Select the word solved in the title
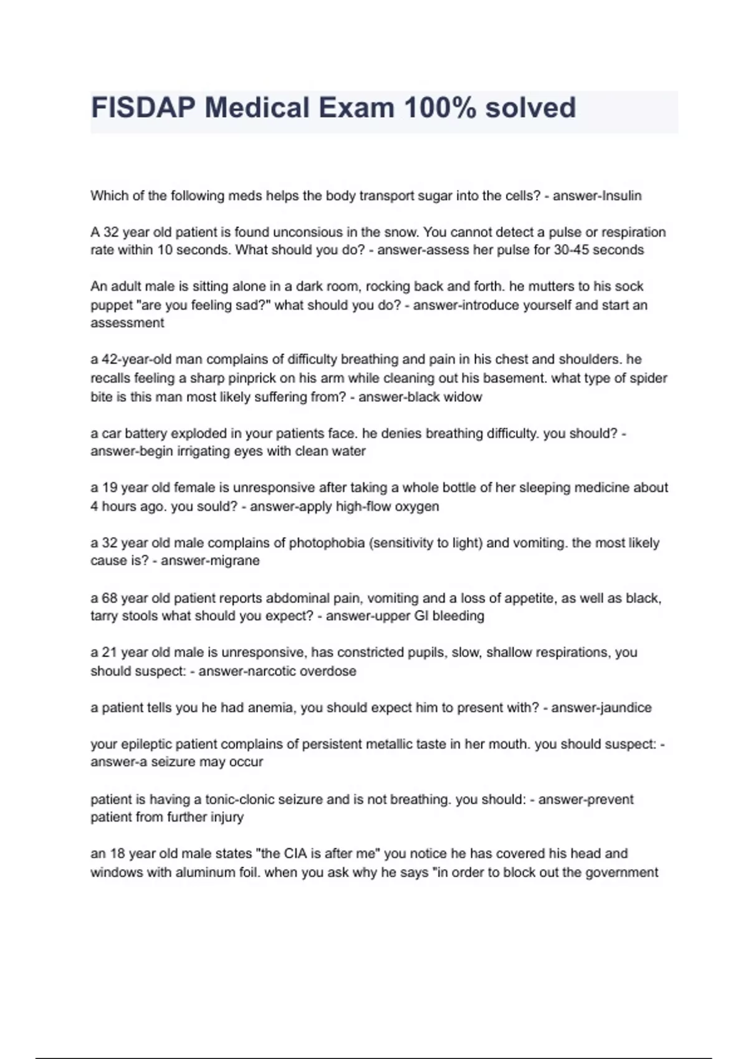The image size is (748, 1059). (530, 108)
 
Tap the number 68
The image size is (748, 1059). (110, 599)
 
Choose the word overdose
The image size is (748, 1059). (328, 672)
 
